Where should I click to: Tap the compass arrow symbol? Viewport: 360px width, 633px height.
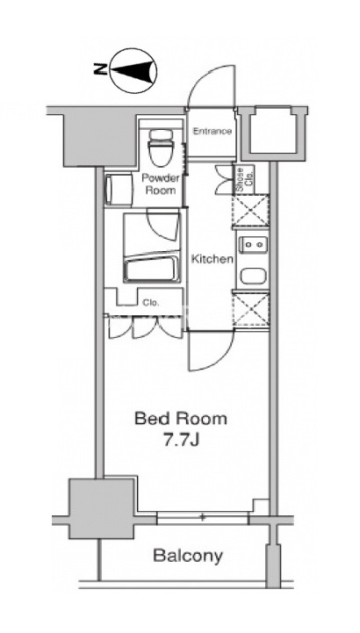pyautogui.click(x=133, y=70)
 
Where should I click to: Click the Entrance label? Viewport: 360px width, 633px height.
pyautogui.click(x=212, y=131)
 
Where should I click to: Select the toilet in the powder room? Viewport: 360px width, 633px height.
pyautogui.click(x=160, y=148)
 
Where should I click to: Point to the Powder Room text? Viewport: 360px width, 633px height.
pyautogui.click(x=160, y=184)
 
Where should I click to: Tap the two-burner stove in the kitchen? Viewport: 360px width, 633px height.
pyautogui.click(x=254, y=245)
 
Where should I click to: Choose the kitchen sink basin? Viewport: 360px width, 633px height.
pyautogui.click(x=254, y=277)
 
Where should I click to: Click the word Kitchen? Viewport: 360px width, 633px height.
pyautogui.click(x=212, y=259)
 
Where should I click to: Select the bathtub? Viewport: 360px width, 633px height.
pyautogui.click(x=151, y=268)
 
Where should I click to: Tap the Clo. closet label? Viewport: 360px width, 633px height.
pyautogui.click(x=151, y=302)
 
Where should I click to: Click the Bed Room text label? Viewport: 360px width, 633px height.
pyautogui.click(x=180, y=419)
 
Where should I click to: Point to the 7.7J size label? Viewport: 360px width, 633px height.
pyautogui.click(x=181, y=440)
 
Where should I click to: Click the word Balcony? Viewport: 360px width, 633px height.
pyautogui.click(x=188, y=556)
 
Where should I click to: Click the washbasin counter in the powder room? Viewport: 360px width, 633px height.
pyautogui.click(x=119, y=190)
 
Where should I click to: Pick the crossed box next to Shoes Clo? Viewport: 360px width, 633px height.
pyautogui.click(x=250, y=211)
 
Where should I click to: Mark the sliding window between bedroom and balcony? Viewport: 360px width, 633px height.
pyautogui.click(x=202, y=517)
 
